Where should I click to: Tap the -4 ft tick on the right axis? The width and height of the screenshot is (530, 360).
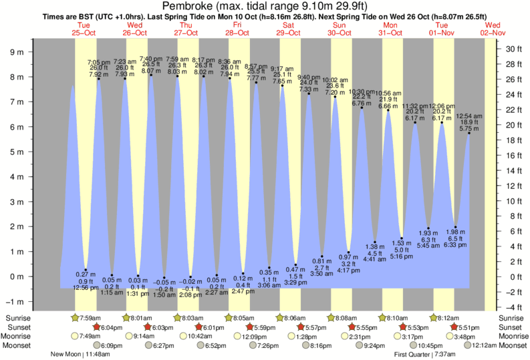(513, 307)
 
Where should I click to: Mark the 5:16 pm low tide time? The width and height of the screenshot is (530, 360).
(401, 256)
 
